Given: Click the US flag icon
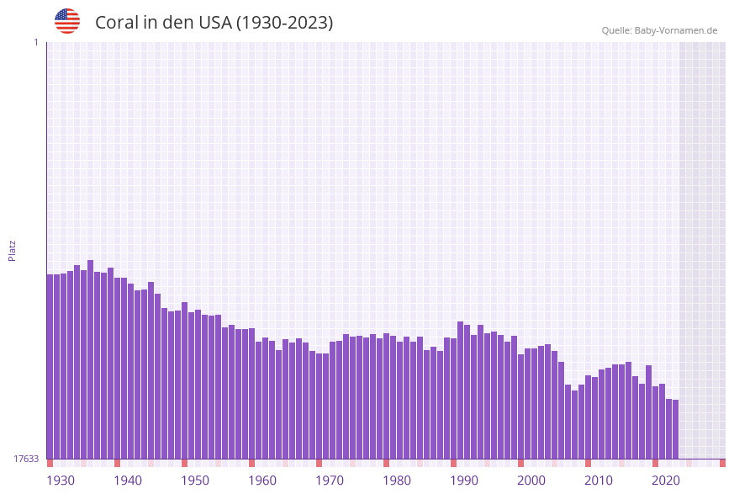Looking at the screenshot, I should (67, 21).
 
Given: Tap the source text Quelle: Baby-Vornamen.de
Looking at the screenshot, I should (659, 30).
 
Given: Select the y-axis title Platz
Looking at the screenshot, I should (12, 250).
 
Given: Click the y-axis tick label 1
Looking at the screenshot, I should (35, 42).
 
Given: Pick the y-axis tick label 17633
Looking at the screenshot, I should (26, 459).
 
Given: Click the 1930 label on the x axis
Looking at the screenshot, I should (61, 481).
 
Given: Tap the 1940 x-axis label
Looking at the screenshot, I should (128, 481).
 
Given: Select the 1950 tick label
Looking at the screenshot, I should (195, 481).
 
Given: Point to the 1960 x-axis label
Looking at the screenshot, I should (262, 481).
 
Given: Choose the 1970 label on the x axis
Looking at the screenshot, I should (330, 481).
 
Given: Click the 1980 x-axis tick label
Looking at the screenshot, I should (397, 481).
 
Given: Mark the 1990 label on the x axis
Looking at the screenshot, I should (464, 481).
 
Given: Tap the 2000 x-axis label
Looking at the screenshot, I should (531, 481).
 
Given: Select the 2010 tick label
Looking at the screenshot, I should (599, 481).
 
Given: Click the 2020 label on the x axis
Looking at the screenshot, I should (666, 481).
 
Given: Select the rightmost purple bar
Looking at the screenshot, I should (675, 429).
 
